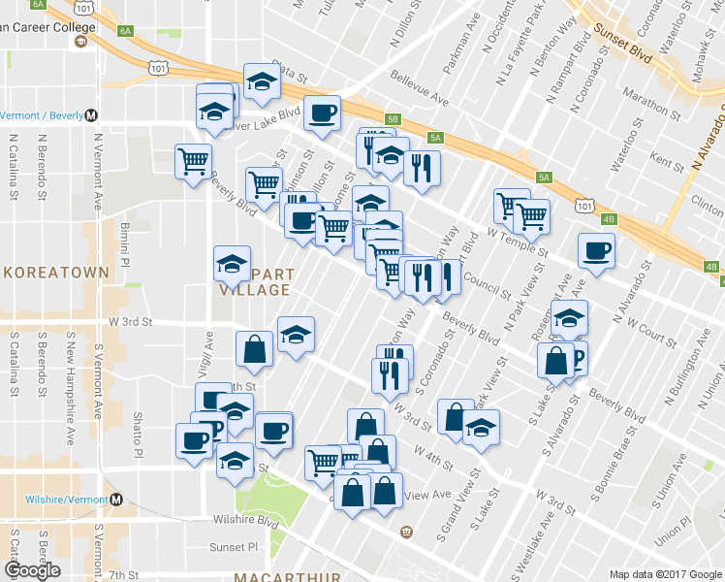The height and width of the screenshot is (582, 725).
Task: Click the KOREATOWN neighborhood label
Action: (54, 273)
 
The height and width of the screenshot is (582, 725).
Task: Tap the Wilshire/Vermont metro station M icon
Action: (117, 500)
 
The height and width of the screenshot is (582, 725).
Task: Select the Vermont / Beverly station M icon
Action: (91, 114)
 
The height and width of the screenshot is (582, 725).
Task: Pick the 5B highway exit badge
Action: (392, 119)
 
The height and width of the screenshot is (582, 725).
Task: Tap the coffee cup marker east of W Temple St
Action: (595, 251)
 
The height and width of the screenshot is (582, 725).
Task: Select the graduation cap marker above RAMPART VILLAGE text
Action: (232, 262)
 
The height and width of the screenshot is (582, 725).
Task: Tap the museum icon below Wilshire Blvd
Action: (405, 531)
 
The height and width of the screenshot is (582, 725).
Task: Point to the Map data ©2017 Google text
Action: (664, 574)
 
